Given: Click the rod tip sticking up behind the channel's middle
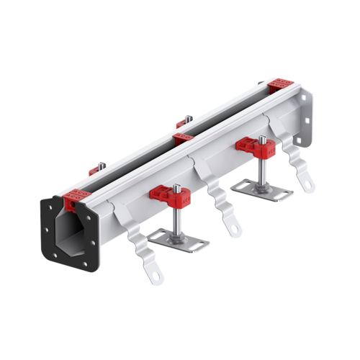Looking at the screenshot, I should coord(186,119).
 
